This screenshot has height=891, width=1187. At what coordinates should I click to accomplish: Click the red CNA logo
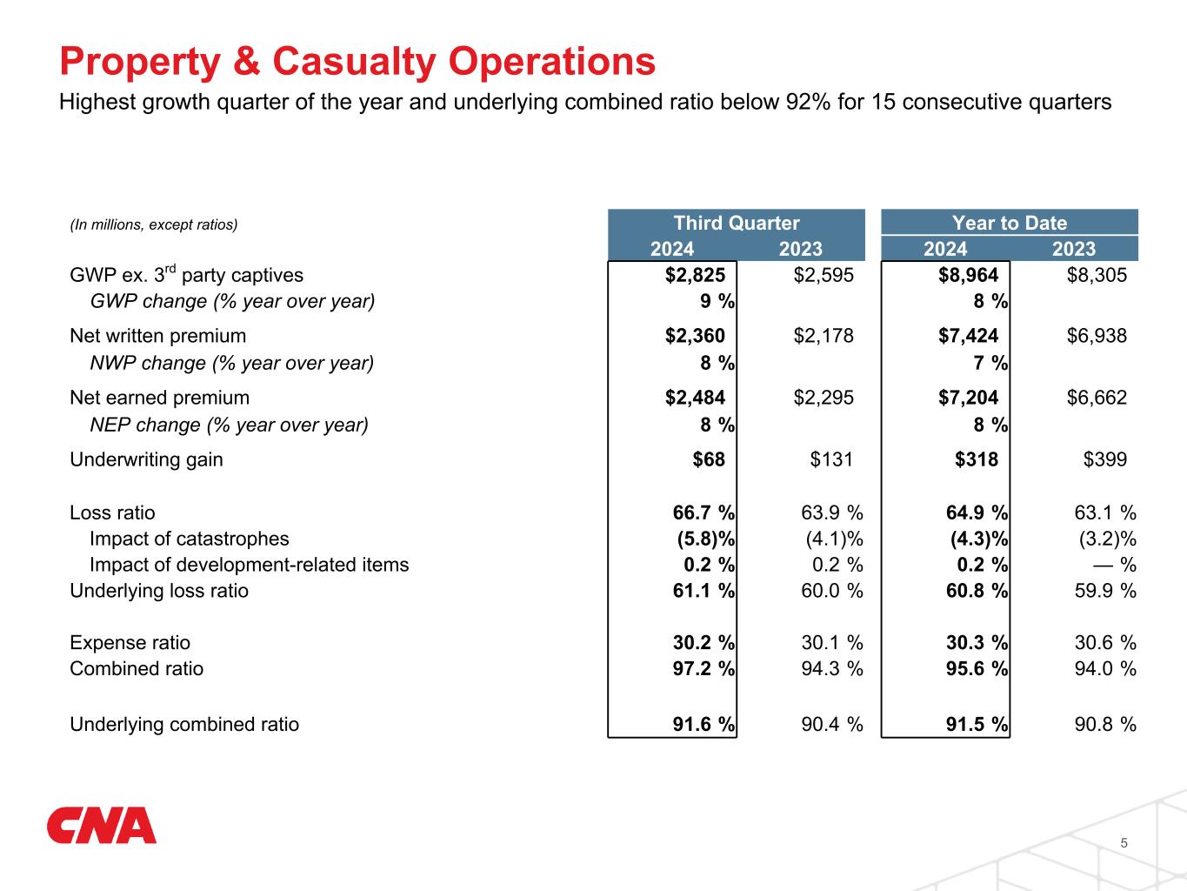click(102, 826)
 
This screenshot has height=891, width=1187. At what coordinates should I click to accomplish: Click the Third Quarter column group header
click(737, 223)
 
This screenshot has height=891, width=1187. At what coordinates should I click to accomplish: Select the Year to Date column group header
click(1009, 223)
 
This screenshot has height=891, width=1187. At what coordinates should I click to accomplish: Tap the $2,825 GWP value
click(695, 276)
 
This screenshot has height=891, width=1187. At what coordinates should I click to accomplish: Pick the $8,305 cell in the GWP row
click(1097, 276)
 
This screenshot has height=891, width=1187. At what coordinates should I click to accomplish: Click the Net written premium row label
click(157, 336)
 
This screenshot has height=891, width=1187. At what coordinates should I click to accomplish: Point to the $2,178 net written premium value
click(824, 336)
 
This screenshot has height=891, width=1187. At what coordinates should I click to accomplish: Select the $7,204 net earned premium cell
click(968, 398)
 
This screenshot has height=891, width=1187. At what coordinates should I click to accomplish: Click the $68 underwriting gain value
click(709, 459)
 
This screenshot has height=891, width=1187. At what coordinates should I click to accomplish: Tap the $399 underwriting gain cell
click(1105, 459)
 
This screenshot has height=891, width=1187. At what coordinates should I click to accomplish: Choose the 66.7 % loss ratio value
click(699, 513)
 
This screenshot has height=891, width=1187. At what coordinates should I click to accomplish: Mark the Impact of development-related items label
click(249, 565)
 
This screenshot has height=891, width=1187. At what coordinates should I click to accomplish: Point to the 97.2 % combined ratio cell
click(699, 669)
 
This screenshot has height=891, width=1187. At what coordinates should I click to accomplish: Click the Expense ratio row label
click(130, 643)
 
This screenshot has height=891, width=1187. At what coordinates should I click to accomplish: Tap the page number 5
click(1124, 843)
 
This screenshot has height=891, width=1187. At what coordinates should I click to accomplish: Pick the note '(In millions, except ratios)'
click(153, 224)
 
